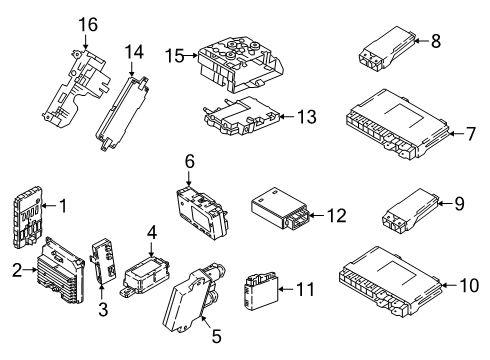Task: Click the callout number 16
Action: click(88, 23)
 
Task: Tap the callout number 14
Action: click(135, 49)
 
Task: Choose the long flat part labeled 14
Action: click(123, 100)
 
